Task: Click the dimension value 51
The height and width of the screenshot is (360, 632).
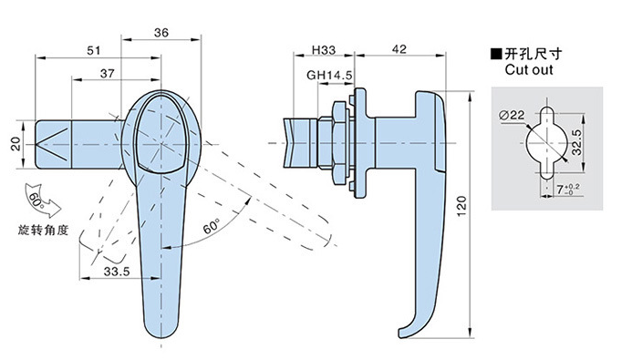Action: pyautogui.click(x=94, y=50)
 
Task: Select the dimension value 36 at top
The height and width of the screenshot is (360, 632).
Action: pyautogui.click(x=161, y=33)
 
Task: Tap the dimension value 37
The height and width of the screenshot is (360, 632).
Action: pyautogui.click(x=108, y=73)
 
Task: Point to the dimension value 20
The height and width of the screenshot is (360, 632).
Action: pyautogui.click(x=16, y=144)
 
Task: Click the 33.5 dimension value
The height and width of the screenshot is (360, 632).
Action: pyautogui.click(x=117, y=272)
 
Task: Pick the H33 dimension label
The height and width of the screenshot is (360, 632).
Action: pyautogui.click(x=324, y=50)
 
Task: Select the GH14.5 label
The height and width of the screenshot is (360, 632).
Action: pyautogui.click(x=329, y=75)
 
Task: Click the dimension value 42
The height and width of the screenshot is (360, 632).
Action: pyautogui.click(x=399, y=49)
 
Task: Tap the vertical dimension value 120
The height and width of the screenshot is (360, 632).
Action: pyautogui.click(x=461, y=206)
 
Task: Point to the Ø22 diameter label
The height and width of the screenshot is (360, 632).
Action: pyautogui.click(x=512, y=115)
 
